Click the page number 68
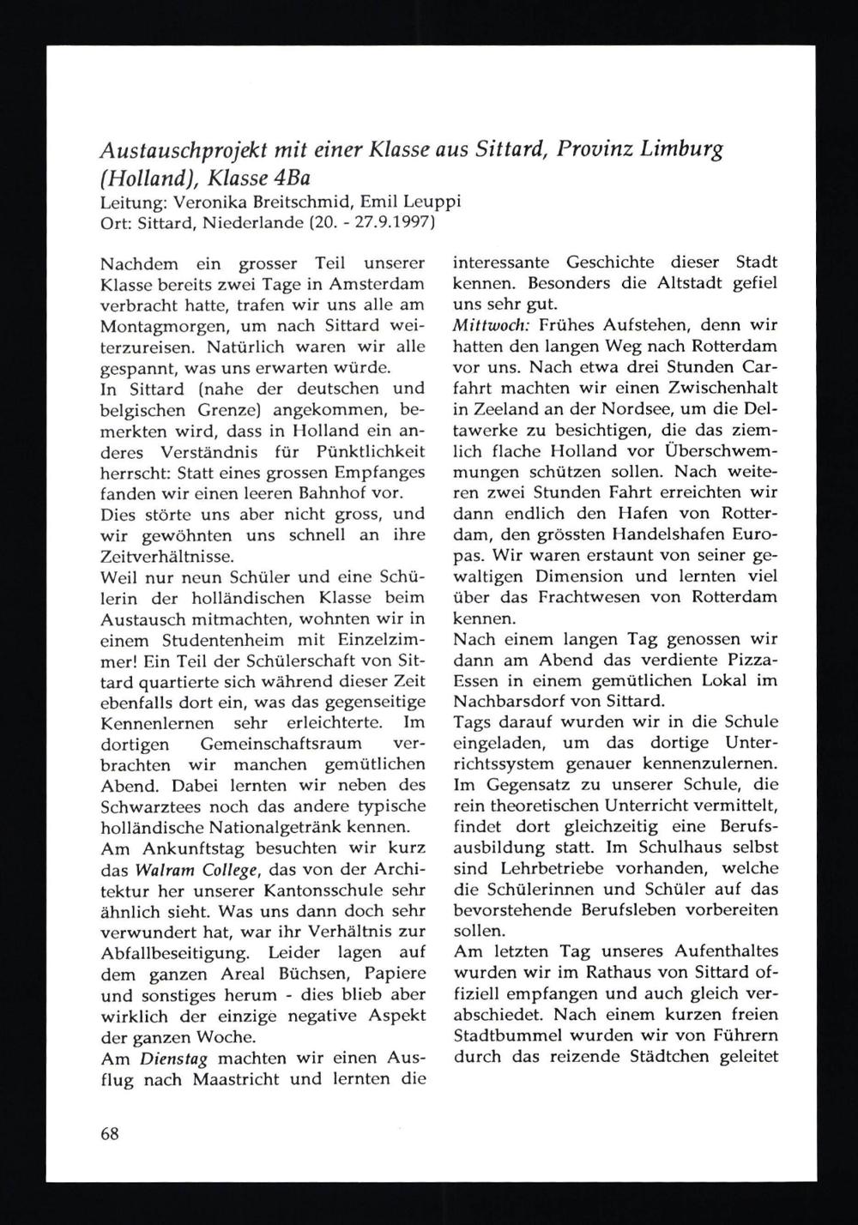[x=108, y=1132]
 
